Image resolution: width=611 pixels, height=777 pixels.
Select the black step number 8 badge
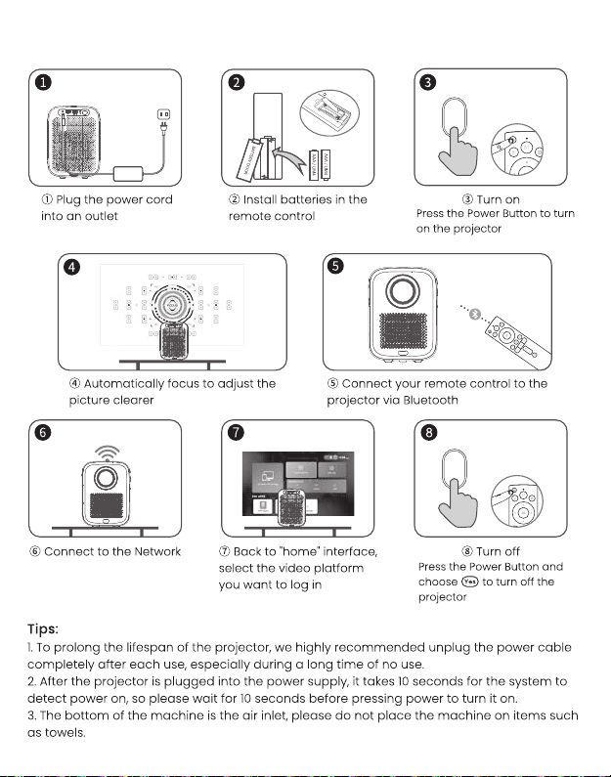pos(428,433)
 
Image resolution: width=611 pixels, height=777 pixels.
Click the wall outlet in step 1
pos(163,116)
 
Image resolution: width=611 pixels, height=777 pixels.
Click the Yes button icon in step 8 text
pos(470,582)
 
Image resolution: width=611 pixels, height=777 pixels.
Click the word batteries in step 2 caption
pos(307,199)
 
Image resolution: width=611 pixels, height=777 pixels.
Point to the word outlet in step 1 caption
pos(98,215)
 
